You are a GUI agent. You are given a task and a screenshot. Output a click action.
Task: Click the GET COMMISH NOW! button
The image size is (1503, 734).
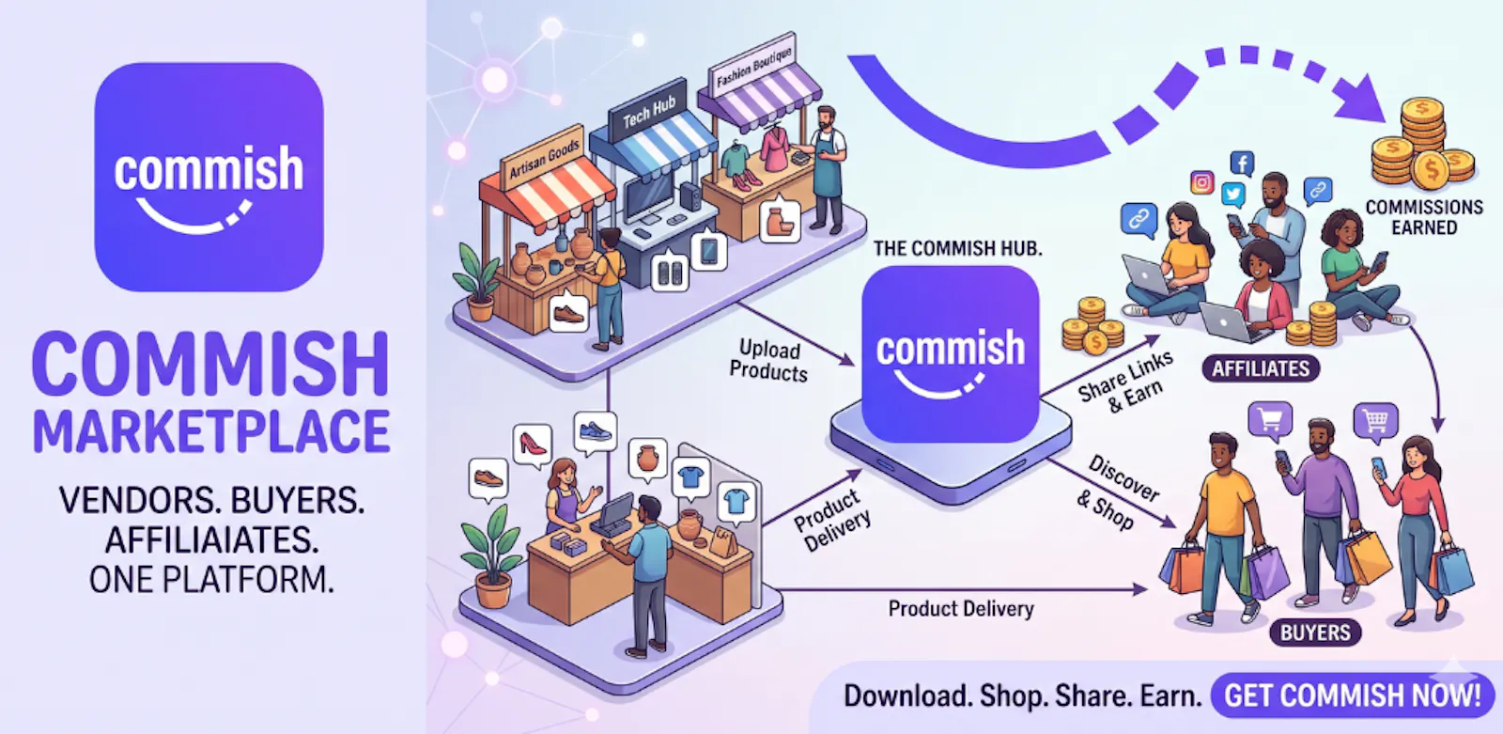point(1353,695)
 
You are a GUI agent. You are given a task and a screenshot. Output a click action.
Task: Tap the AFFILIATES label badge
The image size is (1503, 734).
point(1261,368)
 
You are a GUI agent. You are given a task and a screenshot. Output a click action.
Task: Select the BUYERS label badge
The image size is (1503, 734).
point(1315,632)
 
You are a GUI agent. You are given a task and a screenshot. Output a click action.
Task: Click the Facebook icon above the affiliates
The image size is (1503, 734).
point(1242,164)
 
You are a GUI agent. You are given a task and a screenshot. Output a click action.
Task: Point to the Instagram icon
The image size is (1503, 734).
point(1201,182)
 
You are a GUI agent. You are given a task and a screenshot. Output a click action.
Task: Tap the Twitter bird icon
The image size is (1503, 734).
point(1233,195)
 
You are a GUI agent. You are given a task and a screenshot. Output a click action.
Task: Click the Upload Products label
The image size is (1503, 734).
point(769,361)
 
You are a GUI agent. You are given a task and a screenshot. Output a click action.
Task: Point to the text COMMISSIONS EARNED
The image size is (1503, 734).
point(1424,218)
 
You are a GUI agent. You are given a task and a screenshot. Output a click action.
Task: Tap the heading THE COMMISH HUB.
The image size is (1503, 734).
point(958,249)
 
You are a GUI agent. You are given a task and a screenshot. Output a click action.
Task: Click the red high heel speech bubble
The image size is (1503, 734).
point(533,444)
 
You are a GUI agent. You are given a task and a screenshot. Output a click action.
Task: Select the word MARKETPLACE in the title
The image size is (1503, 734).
point(211,430)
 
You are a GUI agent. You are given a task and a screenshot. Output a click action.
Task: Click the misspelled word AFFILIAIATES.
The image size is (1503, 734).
point(211,539)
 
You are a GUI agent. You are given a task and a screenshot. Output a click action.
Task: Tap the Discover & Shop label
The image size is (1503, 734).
point(1117,492)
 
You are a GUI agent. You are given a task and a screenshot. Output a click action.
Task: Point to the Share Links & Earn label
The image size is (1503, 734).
point(1126,382)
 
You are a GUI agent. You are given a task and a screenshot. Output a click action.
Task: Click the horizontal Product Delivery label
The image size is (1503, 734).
point(961,609)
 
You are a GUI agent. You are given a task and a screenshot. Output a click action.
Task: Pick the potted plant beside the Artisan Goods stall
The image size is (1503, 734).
point(478,281)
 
